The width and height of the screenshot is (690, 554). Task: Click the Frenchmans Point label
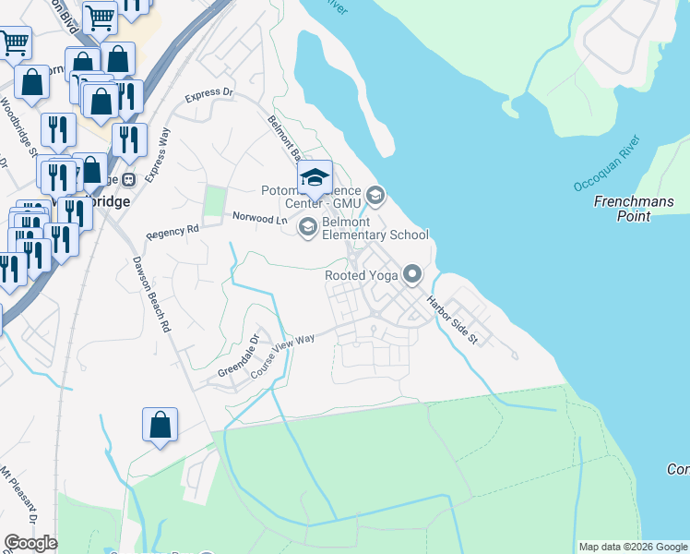coord(634,209)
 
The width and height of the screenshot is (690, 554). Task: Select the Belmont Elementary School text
coord(375,229)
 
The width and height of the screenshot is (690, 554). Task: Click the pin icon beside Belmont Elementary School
coord(308,226)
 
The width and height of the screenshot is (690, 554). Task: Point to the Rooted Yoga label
coord(361,275)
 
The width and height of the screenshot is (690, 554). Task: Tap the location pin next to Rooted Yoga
coord(413,274)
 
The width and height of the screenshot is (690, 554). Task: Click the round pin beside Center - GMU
coord(375,195)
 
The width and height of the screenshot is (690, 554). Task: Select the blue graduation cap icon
coord(315,177)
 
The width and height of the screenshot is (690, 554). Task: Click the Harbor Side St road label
coord(453,319)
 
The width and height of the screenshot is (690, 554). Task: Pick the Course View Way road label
coord(283,355)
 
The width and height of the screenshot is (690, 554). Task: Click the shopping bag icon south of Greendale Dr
coord(160,425)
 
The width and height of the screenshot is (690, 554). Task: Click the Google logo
coord(30,543)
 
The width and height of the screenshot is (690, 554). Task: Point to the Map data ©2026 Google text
coord(633,547)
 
